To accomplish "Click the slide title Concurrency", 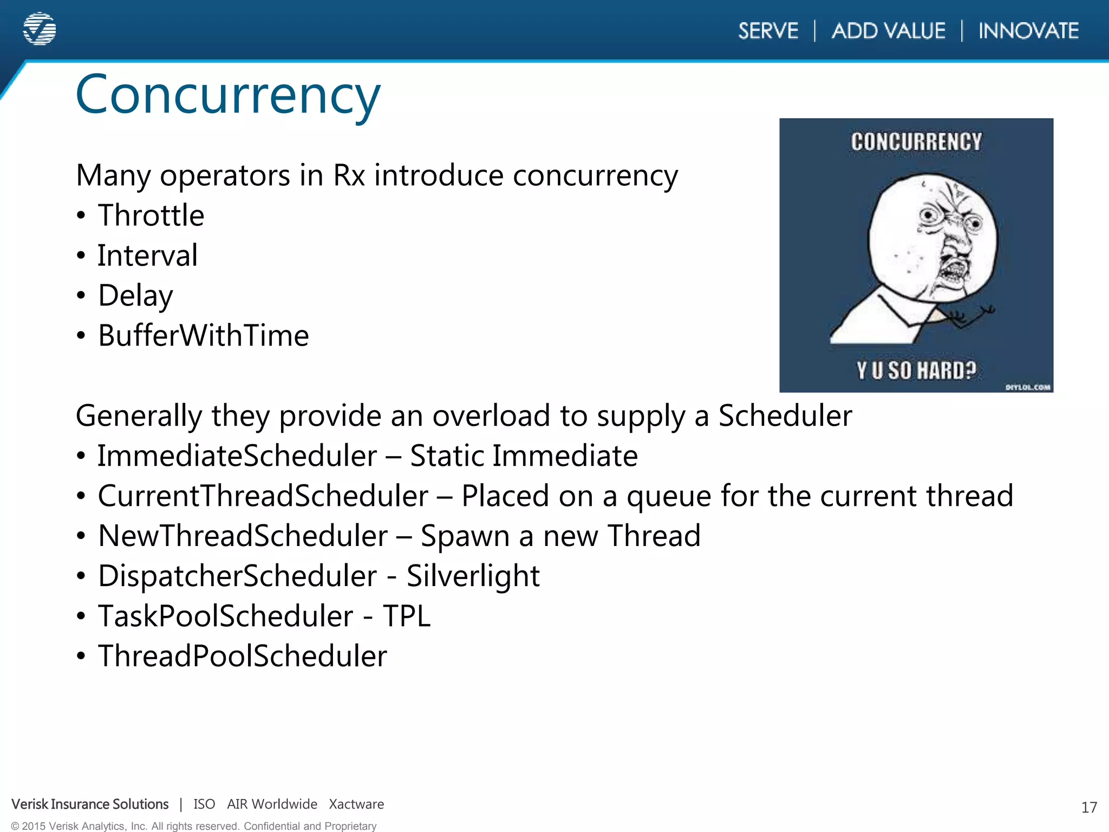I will pyautogui.click(x=228, y=95).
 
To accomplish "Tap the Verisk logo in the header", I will pyautogui.click(x=40, y=29).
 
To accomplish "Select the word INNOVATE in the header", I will pyautogui.click(x=1028, y=31).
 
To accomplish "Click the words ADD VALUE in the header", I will pyautogui.click(x=888, y=31).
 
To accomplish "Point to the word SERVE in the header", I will pyautogui.click(x=768, y=31).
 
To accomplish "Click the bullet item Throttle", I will pyautogui.click(x=151, y=216).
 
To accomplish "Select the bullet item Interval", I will pyautogui.click(x=147, y=256).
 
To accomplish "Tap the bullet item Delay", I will pyautogui.click(x=135, y=296).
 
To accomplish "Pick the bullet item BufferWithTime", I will pyautogui.click(x=203, y=336).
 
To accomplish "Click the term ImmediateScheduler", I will pyautogui.click(x=237, y=456).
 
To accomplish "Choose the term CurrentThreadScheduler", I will pyautogui.click(x=263, y=496).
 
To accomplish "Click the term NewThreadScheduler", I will pyautogui.click(x=243, y=536).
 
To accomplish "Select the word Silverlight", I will pyautogui.click(x=473, y=576).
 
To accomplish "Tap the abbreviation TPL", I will pyautogui.click(x=406, y=616).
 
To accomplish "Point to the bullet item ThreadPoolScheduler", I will pyautogui.click(x=242, y=656).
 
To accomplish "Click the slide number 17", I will pyautogui.click(x=1089, y=808).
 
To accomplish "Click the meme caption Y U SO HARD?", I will pyautogui.click(x=916, y=371).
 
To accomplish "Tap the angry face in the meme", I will pyautogui.click(x=932, y=238).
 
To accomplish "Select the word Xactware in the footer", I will pyautogui.click(x=356, y=804).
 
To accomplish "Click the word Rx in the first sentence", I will pyautogui.click(x=349, y=176).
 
